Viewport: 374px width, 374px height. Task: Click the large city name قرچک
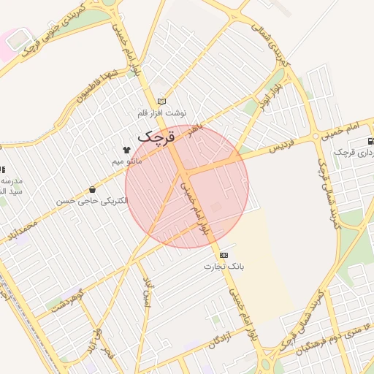pyautogui.click(x=156, y=137)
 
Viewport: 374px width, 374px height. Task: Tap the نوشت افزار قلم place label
pyautogui.click(x=162, y=113)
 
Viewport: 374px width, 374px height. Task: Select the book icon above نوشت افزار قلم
pyautogui.click(x=161, y=102)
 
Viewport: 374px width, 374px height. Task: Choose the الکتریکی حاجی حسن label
pyautogui.click(x=91, y=200)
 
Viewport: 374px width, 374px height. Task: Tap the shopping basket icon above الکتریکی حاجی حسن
pyautogui.click(x=91, y=189)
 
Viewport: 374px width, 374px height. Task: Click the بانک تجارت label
pyautogui.click(x=224, y=267)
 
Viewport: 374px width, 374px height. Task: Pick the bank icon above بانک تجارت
pyautogui.click(x=224, y=255)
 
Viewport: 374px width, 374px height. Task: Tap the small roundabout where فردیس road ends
pyautogui.click(x=316, y=136)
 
